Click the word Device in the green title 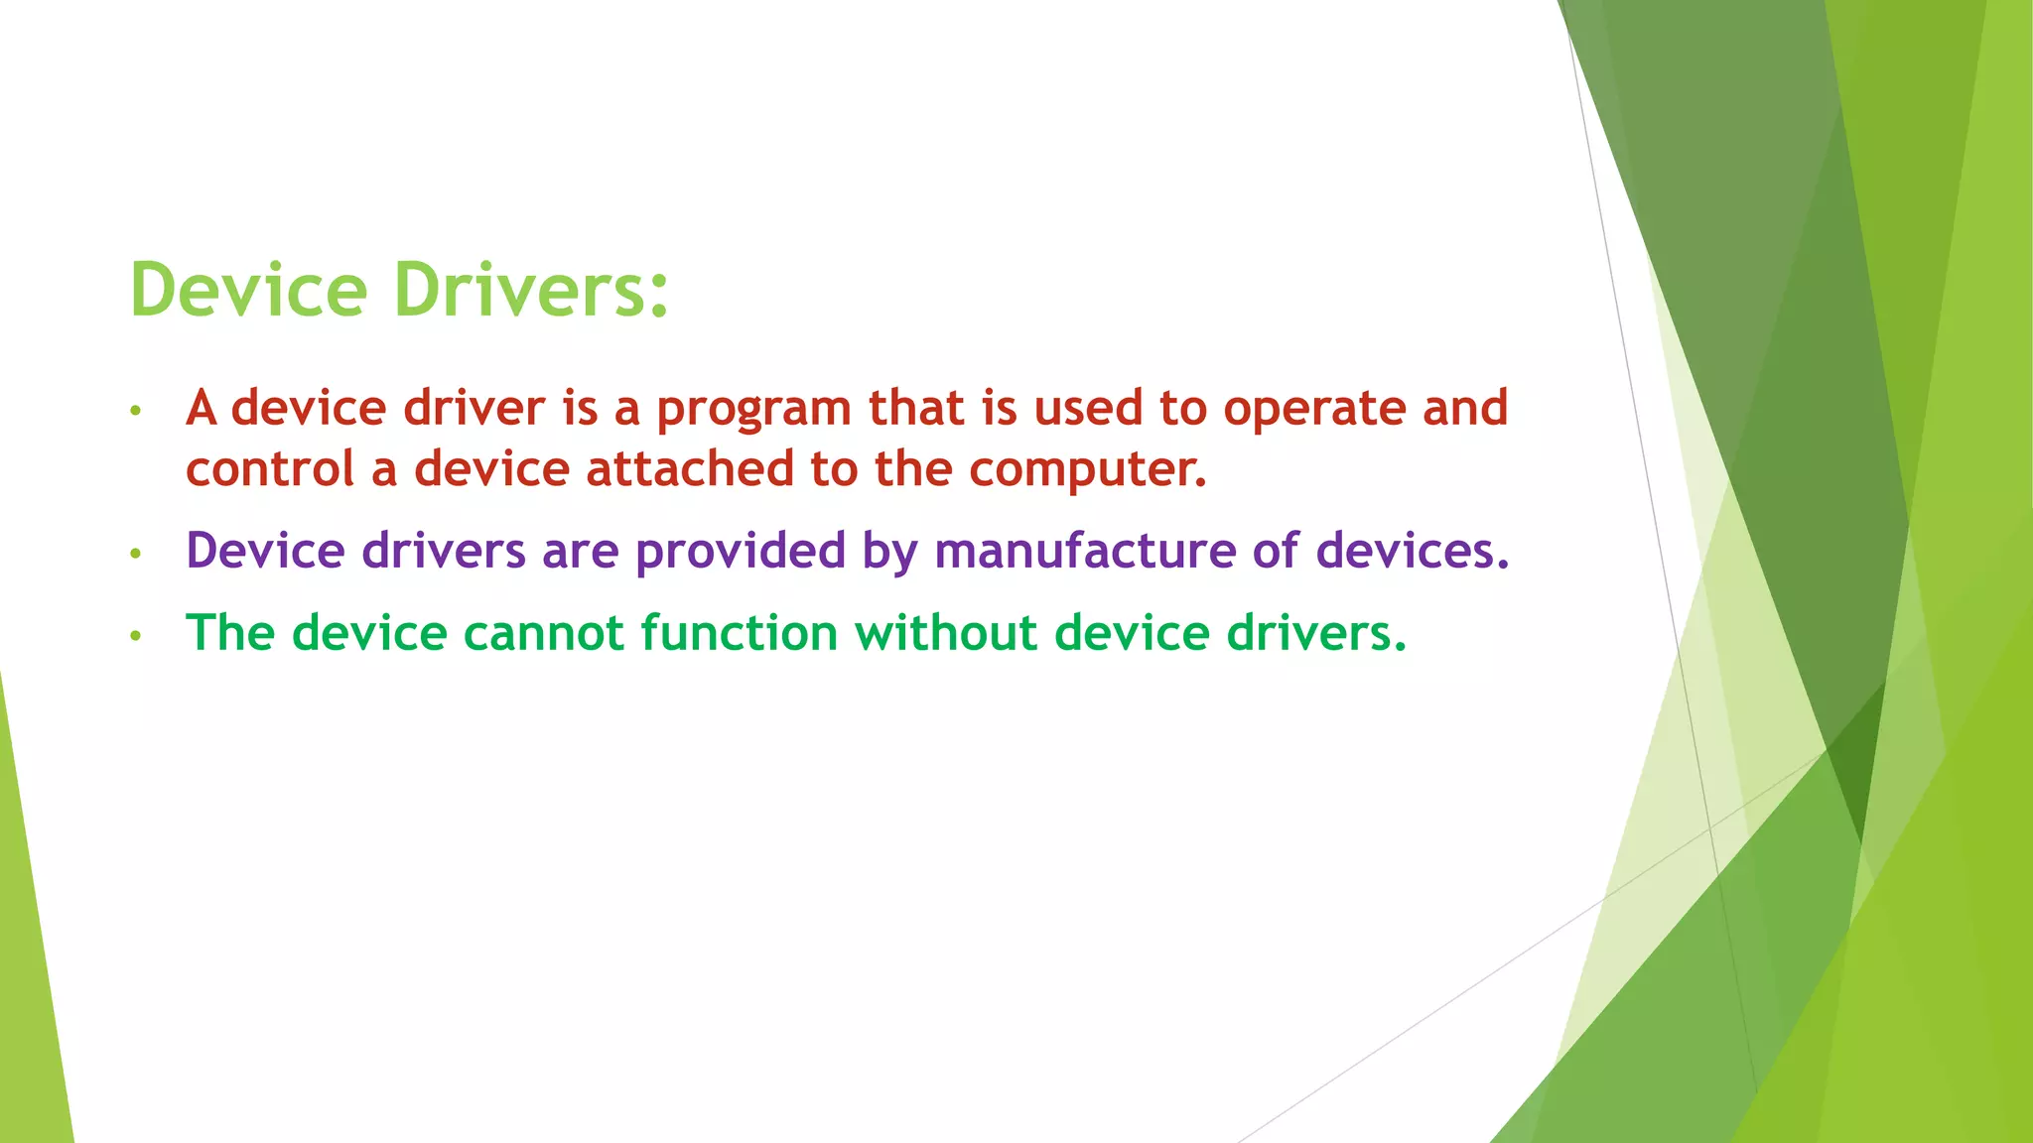coord(248,290)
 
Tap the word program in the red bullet coord(753,409)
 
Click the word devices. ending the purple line coord(1413,551)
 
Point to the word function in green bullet coord(740,633)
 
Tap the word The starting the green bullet coord(230,633)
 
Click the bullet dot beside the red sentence coord(136,411)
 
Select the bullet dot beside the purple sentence coord(136,553)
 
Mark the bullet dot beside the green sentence coord(136,635)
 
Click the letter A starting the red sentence coord(202,408)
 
